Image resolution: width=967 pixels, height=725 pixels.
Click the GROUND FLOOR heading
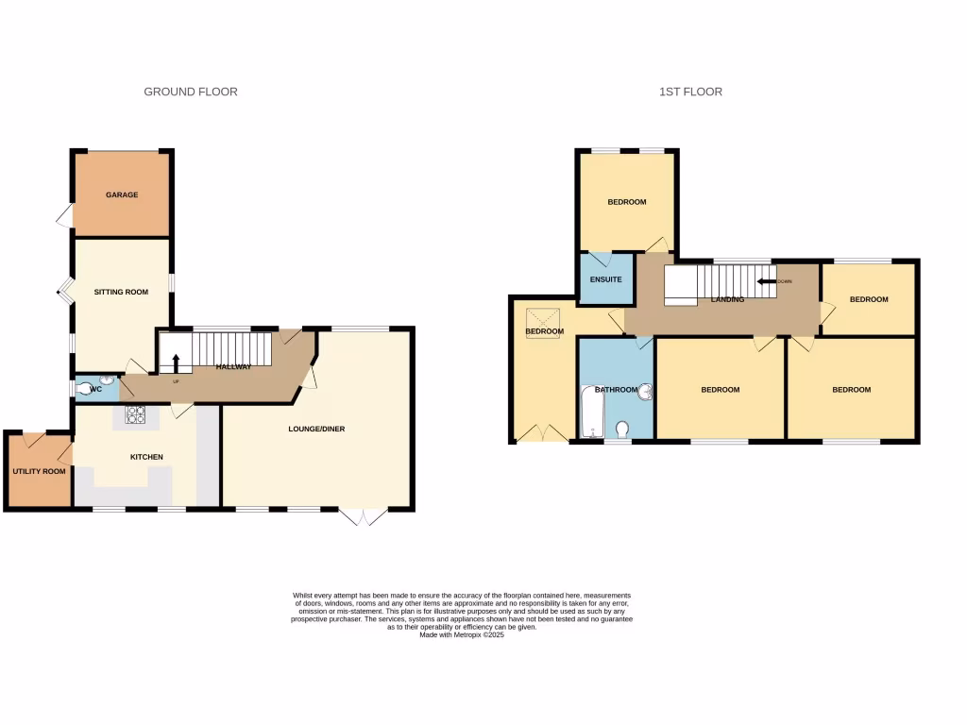click(x=190, y=92)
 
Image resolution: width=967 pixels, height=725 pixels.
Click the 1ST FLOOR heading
click(x=690, y=92)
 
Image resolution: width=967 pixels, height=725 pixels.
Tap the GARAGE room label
click(x=122, y=194)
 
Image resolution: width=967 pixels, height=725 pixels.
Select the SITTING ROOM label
click(x=121, y=292)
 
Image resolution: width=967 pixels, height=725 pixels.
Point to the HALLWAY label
click(x=233, y=366)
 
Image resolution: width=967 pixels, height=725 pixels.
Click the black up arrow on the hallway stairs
click(x=176, y=362)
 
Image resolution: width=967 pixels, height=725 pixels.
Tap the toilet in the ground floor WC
click(x=87, y=387)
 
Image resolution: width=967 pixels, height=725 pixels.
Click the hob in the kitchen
click(x=134, y=414)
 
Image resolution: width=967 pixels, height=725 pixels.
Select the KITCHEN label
click(x=146, y=457)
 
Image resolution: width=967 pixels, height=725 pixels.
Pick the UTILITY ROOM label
click(x=39, y=471)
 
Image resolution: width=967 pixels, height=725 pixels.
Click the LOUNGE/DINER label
click(x=316, y=429)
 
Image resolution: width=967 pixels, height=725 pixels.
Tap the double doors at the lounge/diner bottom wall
click(x=363, y=516)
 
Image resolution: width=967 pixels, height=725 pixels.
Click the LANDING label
click(x=727, y=299)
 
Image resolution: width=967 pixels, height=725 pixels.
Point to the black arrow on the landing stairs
click(x=764, y=280)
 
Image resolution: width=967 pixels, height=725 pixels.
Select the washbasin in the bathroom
click(x=646, y=391)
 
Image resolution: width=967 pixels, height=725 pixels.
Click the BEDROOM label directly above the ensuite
click(x=626, y=202)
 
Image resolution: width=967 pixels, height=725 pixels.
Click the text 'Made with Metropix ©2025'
click(x=463, y=634)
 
